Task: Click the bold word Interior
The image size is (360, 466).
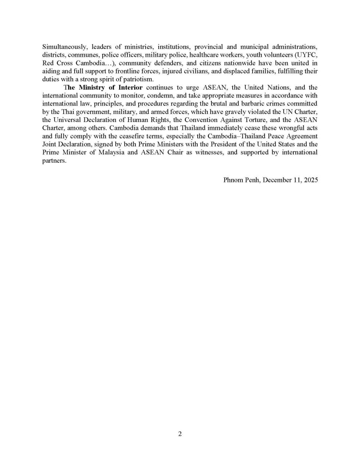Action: click(130, 88)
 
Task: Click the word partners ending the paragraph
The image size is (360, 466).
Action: click(54, 161)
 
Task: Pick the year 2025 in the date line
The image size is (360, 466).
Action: click(310, 180)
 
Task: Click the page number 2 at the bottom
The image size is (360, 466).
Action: click(180, 434)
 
